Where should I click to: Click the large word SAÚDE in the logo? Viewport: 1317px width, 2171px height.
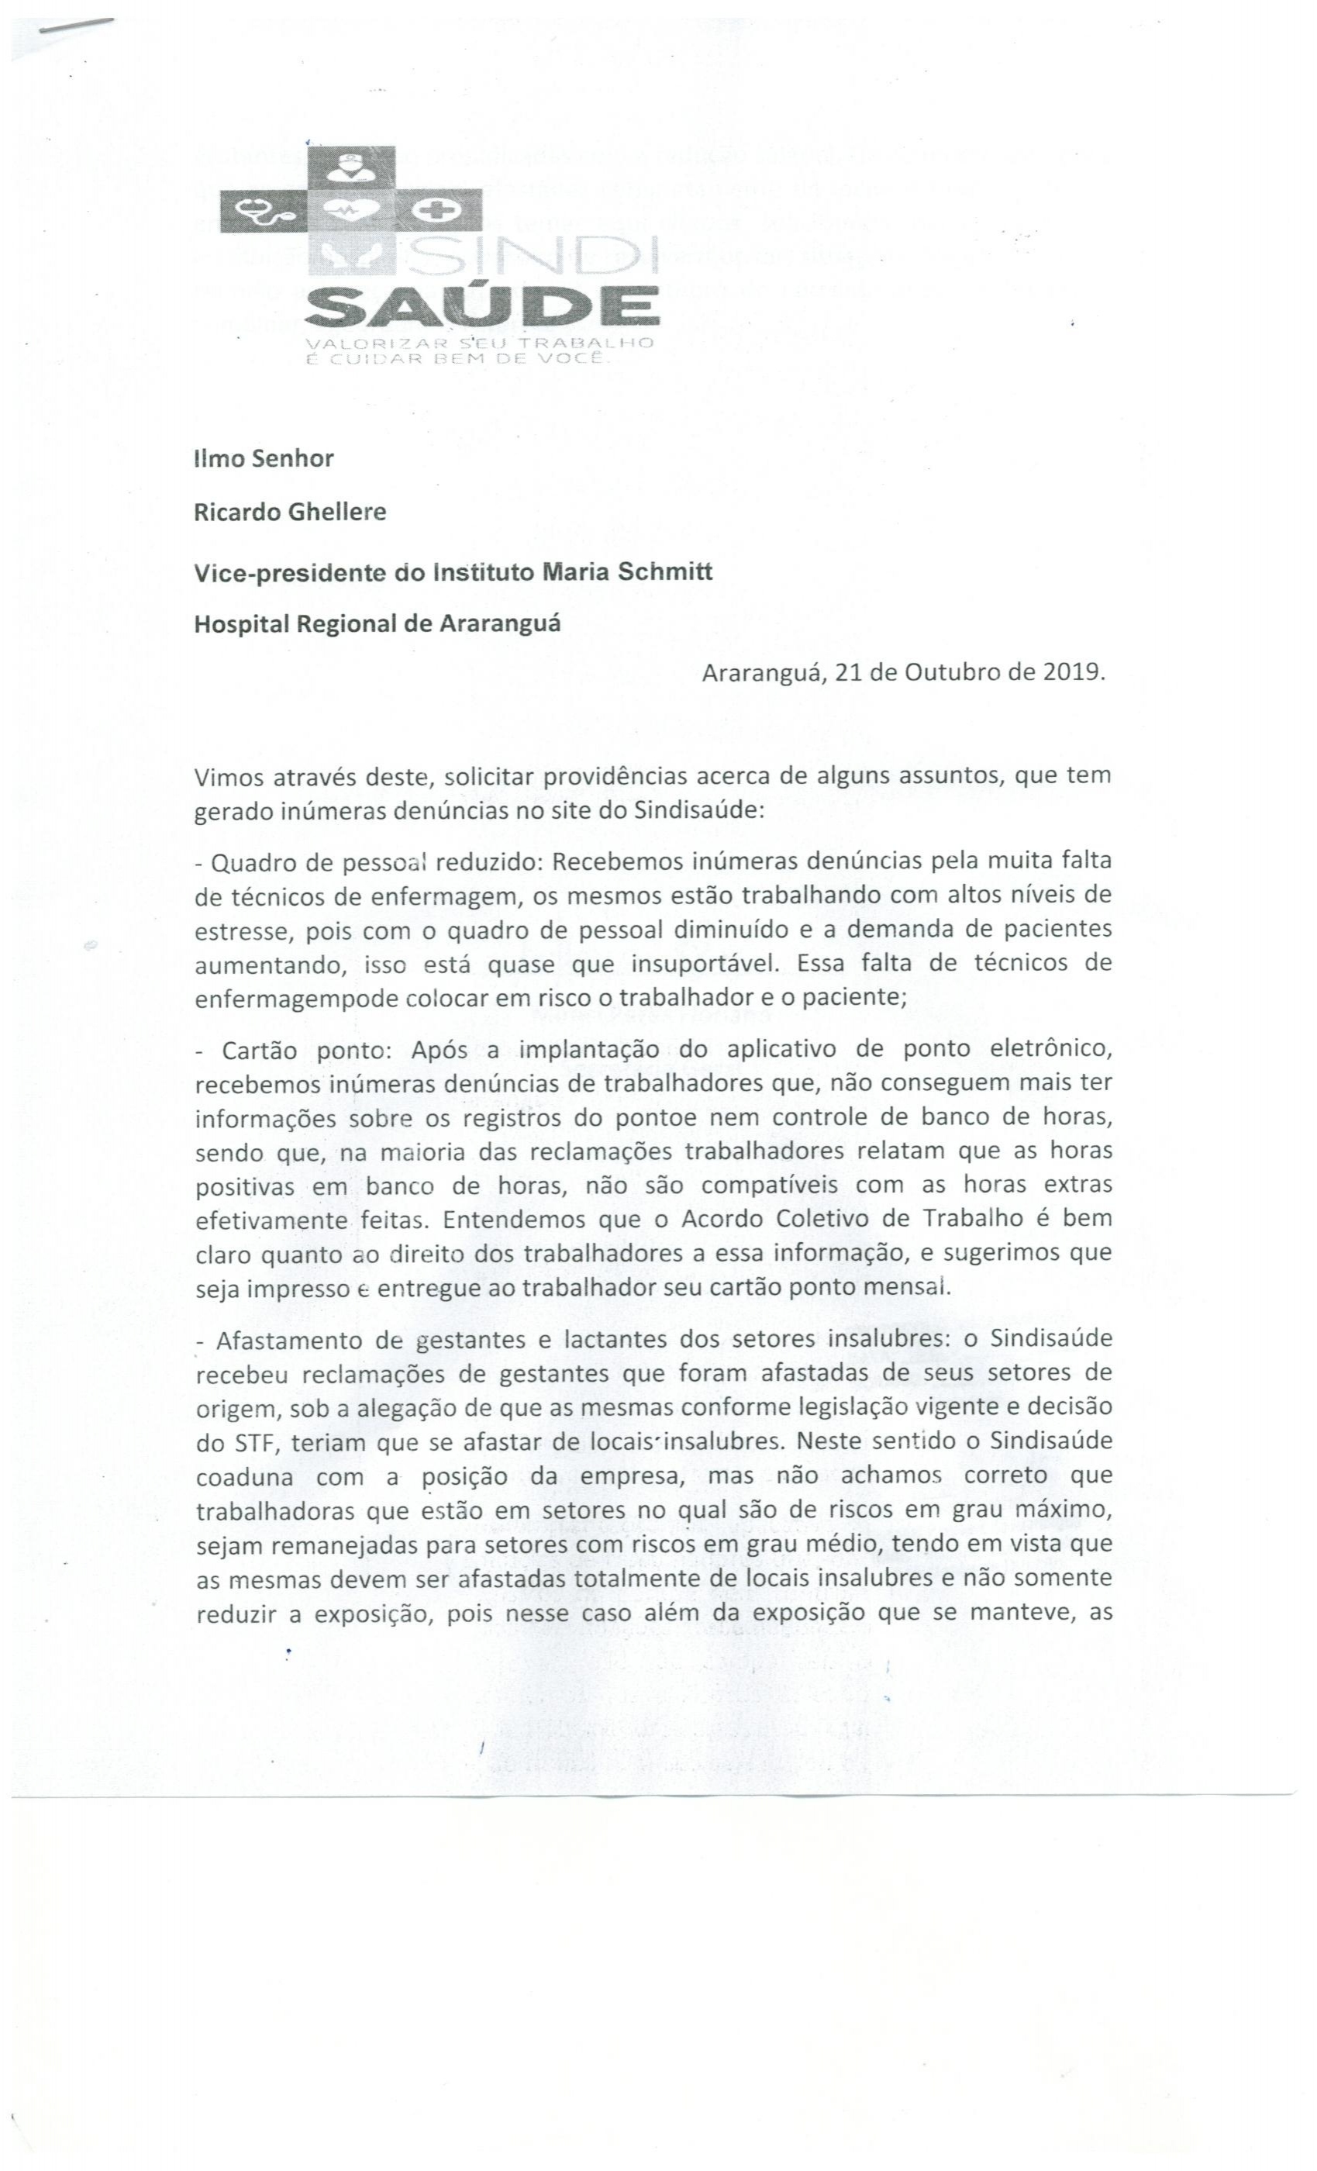483,305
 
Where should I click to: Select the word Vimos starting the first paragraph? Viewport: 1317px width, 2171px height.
228,778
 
